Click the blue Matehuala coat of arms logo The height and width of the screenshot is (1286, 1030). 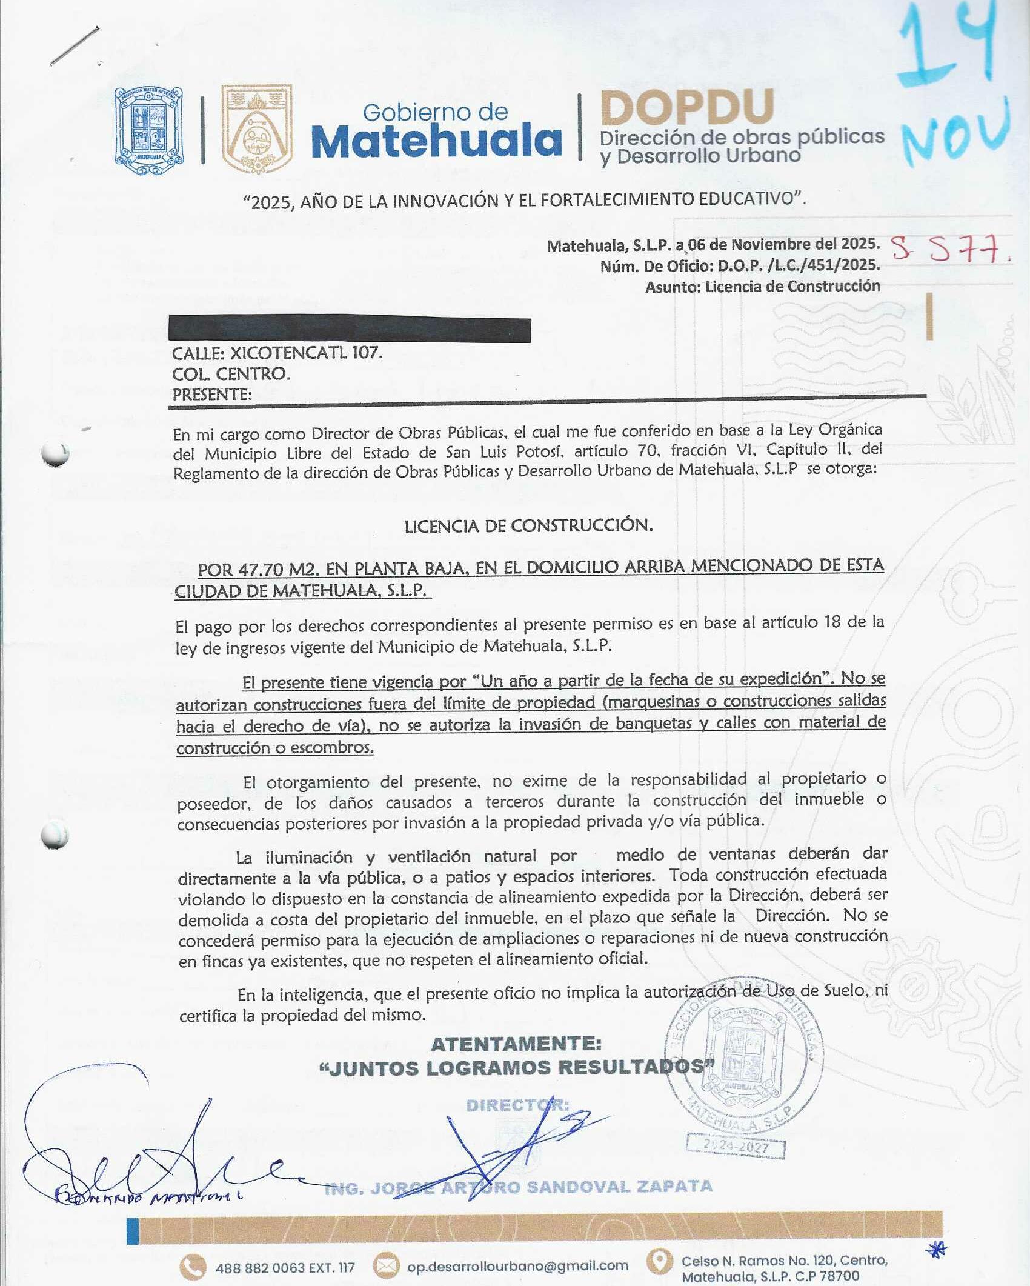pyautogui.click(x=148, y=130)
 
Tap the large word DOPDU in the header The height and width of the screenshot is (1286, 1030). pyautogui.click(x=687, y=107)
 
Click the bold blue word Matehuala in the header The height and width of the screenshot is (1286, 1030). pyautogui.click(x=436, y=141)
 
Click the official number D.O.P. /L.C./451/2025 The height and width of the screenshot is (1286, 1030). pyautogui.click(x=799, y=265)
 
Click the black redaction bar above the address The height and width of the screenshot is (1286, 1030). pyautogui.click(x=350, y=330)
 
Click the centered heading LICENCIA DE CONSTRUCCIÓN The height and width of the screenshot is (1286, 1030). pyautogui.click(x=528, y=525)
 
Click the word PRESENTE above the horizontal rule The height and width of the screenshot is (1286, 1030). pyautogui.click(x=211, y=395)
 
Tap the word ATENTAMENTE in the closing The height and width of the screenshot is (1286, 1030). pyautogui.click(x=516, y=1044)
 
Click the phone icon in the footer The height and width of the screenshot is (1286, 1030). pyautogui.click(x=193, y=1266)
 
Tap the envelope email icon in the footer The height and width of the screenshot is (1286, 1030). pyautogui.click(x=385, y=1265)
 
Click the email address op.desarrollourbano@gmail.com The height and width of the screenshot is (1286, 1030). pyautogui.click(x=517, y=1265)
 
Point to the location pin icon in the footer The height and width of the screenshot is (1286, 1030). pyautogui.click(x=659, y=1261)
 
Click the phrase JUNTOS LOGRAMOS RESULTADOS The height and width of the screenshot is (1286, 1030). pyautogui.click(x=516, y=1068)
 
